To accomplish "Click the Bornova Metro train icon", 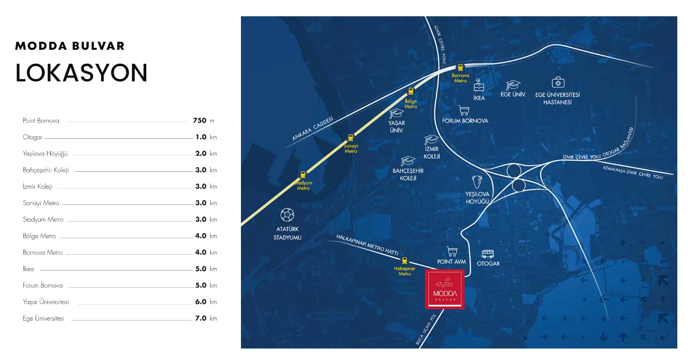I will tap(460, 67).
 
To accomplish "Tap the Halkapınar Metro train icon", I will tap(405, 260).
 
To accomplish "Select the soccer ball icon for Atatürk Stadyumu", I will tap(287, 214).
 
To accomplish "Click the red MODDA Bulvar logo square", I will tap(445, 289).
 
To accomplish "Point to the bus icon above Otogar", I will tap(488, 254).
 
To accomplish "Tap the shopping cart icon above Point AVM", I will tap(451, 251).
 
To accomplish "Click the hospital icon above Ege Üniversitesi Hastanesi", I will tap(558, 82).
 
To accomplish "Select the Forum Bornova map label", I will tap(465, 121).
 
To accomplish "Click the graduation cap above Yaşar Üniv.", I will tap(396, 113).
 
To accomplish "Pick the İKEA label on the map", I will tap(479, 98).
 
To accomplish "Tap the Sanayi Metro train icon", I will tap(351, 137).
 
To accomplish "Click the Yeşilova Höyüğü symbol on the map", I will tap(477, 182).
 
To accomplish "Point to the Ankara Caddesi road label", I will tap(313, 128).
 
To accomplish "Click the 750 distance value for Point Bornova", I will tap(199, 121).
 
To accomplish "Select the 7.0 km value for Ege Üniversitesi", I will tap(201, 318).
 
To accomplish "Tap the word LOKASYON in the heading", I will tap(81, 73).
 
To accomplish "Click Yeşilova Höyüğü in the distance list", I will tap(45, 154).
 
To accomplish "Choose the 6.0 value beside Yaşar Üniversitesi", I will tap(201, 302).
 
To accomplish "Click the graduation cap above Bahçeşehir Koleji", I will tap(408, 160).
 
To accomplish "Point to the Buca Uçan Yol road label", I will tap(426, 330).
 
